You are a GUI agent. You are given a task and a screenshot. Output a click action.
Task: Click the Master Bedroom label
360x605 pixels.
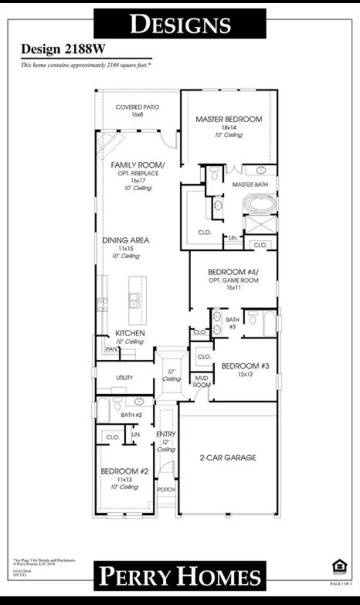point(229,119)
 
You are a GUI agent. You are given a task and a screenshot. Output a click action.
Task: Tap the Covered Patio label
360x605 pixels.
point(137,107)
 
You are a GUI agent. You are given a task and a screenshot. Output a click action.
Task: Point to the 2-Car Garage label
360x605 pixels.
point(228,457)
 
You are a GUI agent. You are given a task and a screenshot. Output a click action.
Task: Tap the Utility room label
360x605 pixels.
point(124,377)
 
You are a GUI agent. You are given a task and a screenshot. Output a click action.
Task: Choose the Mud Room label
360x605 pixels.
point(202,381)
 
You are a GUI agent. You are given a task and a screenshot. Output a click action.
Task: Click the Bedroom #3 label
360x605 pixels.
point(245,366)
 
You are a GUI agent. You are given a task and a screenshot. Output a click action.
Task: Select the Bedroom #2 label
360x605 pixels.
point(124,471)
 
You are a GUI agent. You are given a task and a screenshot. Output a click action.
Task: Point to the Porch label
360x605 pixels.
point(166,489)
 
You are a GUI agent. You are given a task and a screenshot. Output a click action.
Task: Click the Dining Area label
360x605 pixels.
point(126,240)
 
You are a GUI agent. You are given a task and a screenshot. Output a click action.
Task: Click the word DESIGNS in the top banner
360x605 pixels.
point(180,24)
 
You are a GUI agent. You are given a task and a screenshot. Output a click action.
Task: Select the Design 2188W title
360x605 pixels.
point(63,49)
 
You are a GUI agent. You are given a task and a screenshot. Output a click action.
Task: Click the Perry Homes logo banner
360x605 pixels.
point(180,576)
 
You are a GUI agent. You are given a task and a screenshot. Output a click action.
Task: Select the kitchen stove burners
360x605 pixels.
point(102,305)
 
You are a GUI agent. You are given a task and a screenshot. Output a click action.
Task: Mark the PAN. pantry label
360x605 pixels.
point(111,349)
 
